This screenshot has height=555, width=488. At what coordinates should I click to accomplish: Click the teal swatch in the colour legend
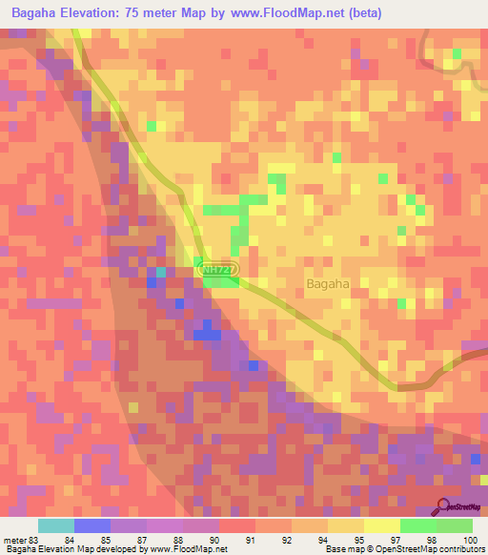coord(56,525)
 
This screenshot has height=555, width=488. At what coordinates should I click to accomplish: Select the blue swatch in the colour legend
coord(92,525)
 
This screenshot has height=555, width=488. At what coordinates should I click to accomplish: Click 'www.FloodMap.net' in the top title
coord(310,14)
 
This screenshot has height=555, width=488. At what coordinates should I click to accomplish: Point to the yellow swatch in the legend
coord(345,525)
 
